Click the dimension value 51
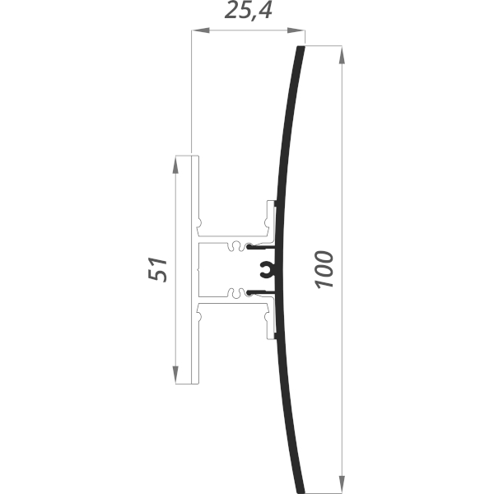[x=160, y=269]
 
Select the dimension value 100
[x=324, y=268]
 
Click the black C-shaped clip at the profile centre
[x=266, y=268]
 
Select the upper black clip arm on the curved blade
[x=262, y=246]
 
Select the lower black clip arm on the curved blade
[x=262, y=291]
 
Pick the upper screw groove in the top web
[x=238, y=245]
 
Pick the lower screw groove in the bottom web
[x=238, y=292]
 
